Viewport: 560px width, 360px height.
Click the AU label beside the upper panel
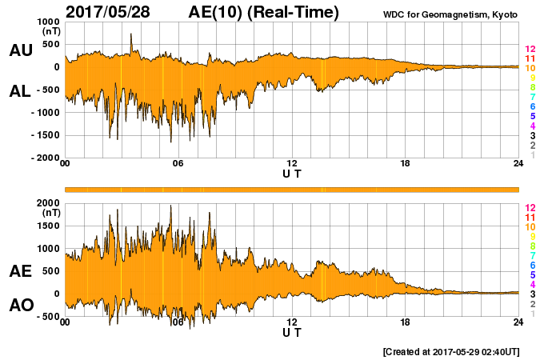20,50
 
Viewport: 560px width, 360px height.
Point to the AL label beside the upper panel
20,91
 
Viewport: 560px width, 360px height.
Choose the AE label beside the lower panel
20,271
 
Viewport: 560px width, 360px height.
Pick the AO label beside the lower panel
20,305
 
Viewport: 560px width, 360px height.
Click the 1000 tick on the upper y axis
47,22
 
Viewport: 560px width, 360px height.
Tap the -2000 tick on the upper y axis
45,158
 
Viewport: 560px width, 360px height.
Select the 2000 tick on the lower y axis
47,203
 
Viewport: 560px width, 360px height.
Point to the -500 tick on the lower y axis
47,317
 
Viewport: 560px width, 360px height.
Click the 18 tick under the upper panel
405,165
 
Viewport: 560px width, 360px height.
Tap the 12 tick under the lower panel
292,323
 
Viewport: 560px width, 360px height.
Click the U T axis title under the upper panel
292,174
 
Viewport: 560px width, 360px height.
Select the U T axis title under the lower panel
292,332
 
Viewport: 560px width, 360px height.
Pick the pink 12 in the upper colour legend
530,50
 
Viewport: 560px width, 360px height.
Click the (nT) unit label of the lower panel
50,213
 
